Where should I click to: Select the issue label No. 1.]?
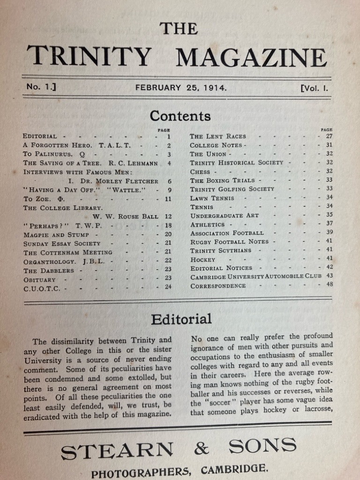click(x=41, y=87)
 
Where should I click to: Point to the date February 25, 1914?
click(x=181, y=87)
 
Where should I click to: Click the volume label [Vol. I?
click(x=314, y=88)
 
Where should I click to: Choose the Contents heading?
click(x=180, y=115)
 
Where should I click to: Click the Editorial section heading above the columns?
click(x=181, y=319)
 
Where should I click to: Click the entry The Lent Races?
click(x=217, y=136)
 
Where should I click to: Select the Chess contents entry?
click(x=201, y=172)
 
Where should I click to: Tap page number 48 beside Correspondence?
click(x=329, y=285)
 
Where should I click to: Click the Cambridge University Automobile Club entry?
click(x=255, y=276)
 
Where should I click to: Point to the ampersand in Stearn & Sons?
click(x=202, y=449)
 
